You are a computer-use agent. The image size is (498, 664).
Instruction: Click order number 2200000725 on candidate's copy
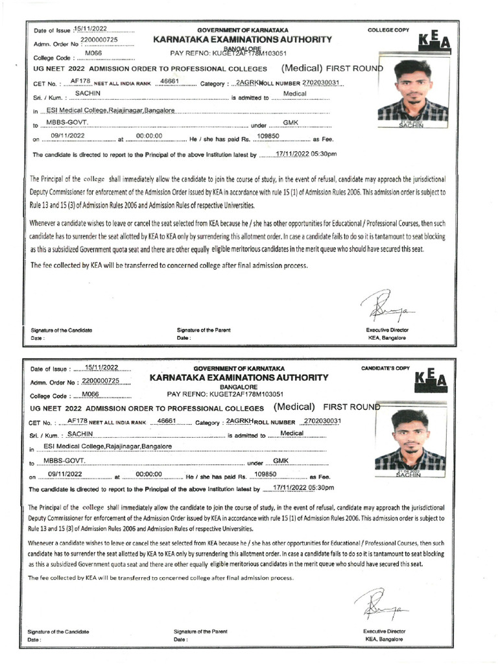(106, 381)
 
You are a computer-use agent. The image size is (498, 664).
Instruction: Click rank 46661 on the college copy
(169, 82)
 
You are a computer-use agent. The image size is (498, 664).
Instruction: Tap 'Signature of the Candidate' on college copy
(62, 330)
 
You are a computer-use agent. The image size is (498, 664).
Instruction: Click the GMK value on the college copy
(290, 123)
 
